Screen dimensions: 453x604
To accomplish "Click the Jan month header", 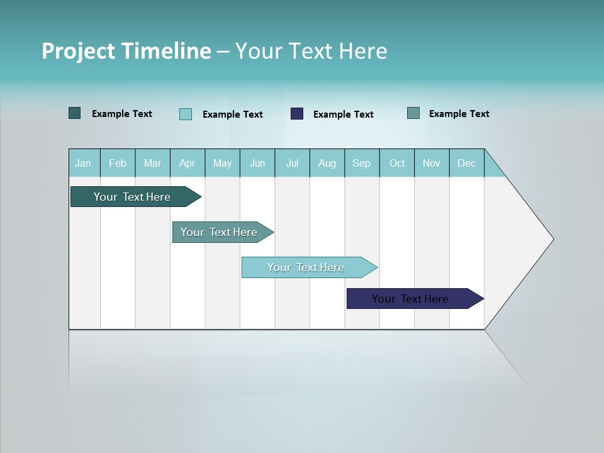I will (83, 163).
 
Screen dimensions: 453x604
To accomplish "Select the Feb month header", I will (118, 163).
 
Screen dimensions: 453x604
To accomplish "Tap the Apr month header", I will (187, 163).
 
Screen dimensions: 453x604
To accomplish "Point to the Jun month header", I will (257, 163).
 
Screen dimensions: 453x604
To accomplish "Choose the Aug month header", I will (327, 163).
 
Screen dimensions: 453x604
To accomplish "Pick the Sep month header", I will (361, 163).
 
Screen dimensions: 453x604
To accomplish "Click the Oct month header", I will (397, 163).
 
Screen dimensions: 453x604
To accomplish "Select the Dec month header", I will (466, 163).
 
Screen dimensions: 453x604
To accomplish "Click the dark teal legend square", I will (75, 113).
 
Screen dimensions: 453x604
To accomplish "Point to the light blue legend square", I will (186, 114).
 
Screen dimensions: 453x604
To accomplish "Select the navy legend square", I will (297, 114).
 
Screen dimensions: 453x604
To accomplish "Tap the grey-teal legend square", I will (413, 113).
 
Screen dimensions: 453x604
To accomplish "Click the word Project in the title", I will (79, 51).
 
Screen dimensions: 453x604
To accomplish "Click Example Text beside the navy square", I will (343, 115).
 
